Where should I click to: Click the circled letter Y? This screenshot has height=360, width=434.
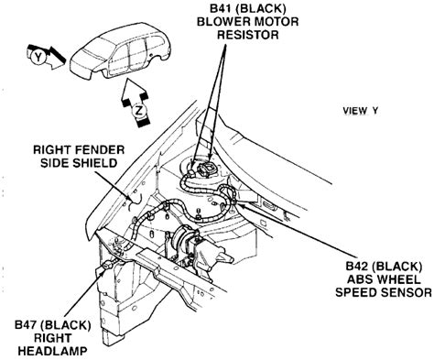point(38,57)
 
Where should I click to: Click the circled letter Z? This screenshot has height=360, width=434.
point(139,112)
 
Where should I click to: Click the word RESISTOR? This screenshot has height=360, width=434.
point(248,35)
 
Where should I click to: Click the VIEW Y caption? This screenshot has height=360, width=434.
point(361,111)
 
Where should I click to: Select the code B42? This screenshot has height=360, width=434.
point(357,267)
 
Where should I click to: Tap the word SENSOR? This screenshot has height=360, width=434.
point(407,292)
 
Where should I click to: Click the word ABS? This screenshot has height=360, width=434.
point(359,279)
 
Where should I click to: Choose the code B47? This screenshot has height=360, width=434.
point(27,325)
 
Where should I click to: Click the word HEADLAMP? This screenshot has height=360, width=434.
point(52,351)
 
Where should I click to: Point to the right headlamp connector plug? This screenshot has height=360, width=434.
point(108,266)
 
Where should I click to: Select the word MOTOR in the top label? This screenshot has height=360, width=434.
point(276,22)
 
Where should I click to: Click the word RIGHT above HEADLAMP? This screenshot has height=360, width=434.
point(52,338)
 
